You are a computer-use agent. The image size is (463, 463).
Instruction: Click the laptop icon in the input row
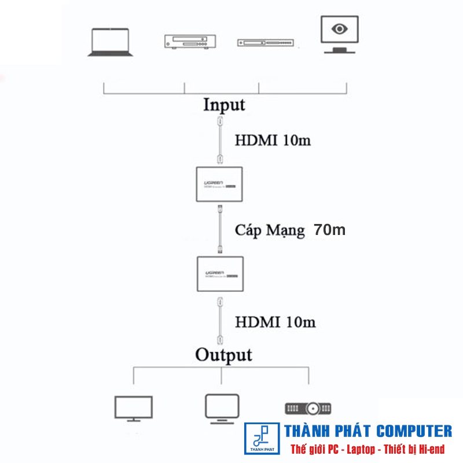(x=110, y=42)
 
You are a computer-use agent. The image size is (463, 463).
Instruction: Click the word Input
(x=224, y=105)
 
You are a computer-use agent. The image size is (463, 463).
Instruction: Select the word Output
(x=223, y=354)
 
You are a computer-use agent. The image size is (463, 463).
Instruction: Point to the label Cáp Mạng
(x=270, y=230)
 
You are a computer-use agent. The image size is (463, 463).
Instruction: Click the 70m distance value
(x=329, y=229)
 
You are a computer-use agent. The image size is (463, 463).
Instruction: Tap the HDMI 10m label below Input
(x=273, y=140)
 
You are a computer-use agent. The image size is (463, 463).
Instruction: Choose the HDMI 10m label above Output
(x=275, y=322)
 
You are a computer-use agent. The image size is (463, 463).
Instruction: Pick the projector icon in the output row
(x=307, y=409)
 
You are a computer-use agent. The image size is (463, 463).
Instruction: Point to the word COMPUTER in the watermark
(x=413, y=431)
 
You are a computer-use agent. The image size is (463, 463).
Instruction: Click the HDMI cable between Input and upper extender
(x=219, y=140)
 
